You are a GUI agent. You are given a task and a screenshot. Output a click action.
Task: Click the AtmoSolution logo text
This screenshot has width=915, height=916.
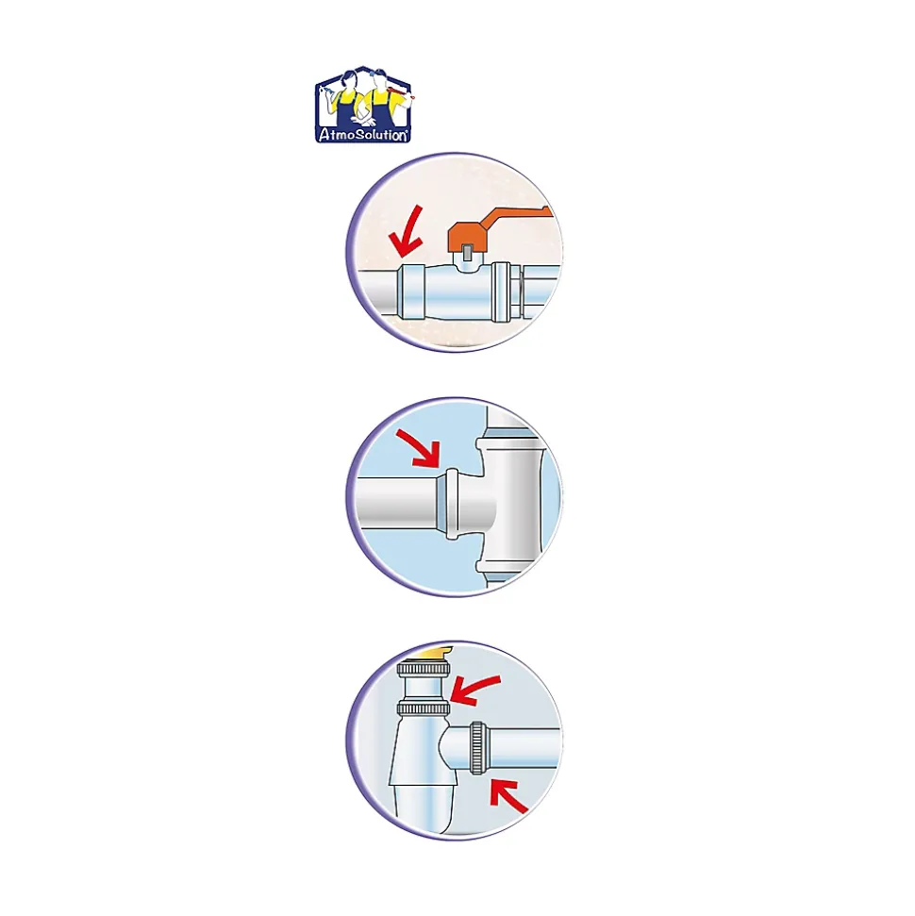[x=363, y=135]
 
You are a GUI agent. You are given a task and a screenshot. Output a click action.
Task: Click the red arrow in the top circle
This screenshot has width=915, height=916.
[x=406, y=232]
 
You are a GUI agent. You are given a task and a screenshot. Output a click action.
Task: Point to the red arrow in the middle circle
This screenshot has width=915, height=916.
[x=418, y=448]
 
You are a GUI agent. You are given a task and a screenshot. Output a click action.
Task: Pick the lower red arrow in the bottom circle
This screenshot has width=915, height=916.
[x=507, y=795]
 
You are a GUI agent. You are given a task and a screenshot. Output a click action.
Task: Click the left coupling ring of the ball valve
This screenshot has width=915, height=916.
[x=410, y=291]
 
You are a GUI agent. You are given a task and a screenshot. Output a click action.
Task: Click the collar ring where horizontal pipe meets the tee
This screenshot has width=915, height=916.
[x=451, y=504]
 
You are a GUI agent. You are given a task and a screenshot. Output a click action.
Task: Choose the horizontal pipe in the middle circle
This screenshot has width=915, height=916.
[x=397, y=504]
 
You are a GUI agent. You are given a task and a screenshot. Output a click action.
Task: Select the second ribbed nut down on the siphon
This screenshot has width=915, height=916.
[x=423, y=709]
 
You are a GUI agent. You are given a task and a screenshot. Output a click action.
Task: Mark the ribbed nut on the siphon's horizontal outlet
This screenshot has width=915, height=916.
[x=476, y=748]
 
